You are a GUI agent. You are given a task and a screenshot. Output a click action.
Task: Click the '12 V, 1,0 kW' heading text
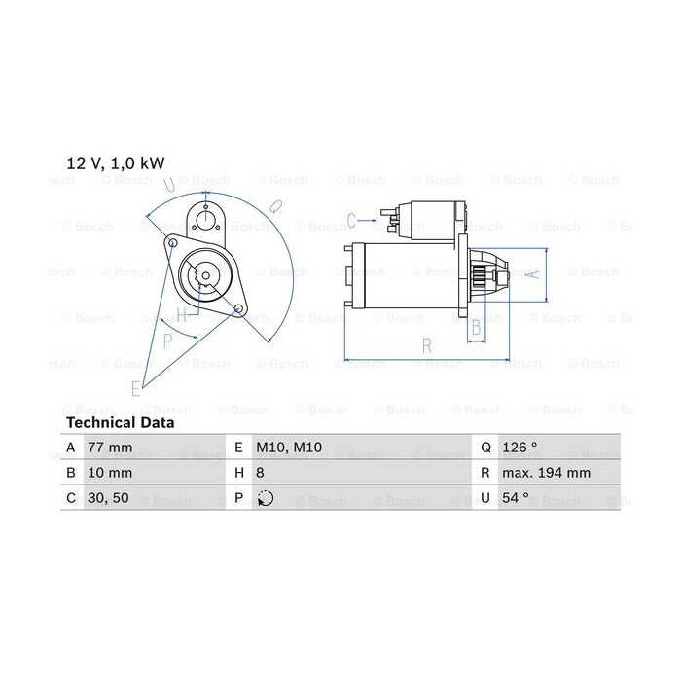click(116, 163)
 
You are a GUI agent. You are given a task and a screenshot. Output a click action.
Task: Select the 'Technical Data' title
click(121, 422)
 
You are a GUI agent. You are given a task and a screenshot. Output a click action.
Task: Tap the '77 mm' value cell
click(110, 447)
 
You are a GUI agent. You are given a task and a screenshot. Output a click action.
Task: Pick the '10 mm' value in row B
click(110, 473)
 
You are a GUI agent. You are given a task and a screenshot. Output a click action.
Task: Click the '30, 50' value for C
click(108, 498)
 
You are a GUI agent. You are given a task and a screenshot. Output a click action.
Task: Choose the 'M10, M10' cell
click(289, 447)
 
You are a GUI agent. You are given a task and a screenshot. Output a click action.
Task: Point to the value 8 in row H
click(260, 473)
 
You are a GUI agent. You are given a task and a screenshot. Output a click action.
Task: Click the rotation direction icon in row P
click(265, 498)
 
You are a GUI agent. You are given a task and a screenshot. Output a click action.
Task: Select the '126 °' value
click(520, 447)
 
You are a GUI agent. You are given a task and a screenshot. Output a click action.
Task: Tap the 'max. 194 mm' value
click(546, 473)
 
